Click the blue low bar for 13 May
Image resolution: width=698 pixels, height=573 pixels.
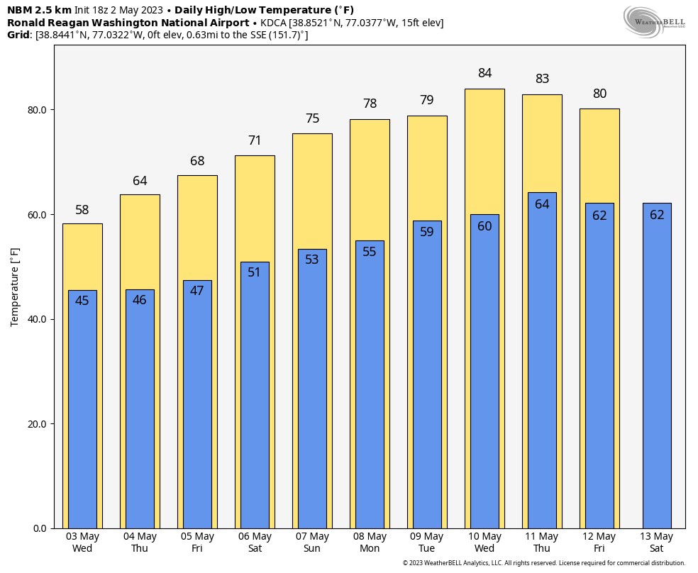[656, 369]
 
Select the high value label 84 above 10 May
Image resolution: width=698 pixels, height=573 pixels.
[484, 73]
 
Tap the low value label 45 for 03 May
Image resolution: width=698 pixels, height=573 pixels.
[82, 301]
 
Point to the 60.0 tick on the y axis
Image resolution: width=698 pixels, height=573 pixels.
[37, 215]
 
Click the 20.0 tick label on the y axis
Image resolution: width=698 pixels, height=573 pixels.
[37, 424]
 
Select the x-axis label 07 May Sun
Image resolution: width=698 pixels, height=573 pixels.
[312, 543]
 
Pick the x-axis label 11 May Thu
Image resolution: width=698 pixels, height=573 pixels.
[542, 543]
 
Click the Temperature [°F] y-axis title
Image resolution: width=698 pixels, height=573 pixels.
[15, 286]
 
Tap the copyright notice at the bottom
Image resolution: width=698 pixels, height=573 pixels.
[543, 563]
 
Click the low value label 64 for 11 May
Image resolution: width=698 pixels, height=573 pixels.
[542, 204]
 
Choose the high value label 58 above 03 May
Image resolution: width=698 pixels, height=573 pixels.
[82, 210]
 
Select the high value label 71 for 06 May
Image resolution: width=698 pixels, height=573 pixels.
[255, 140]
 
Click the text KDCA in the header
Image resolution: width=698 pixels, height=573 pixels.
[273, 23]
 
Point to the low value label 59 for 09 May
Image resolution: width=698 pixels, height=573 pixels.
[427, 231]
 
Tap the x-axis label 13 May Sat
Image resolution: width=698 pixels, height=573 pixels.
[656, 543]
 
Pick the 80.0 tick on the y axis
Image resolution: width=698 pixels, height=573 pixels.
[37, 110]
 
